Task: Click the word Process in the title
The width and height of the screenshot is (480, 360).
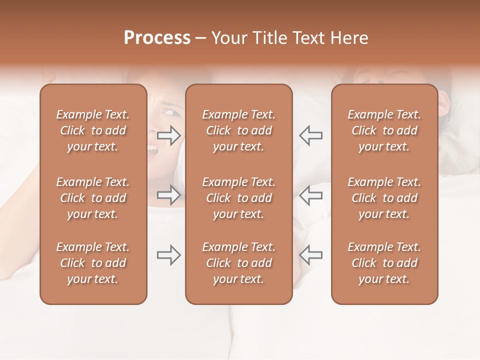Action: (x=157, y=38)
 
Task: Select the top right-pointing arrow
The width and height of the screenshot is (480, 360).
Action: (x=169, y=135)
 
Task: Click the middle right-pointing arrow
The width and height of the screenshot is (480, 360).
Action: (x=169, y=195)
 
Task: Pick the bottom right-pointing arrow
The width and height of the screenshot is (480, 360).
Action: (x=169, y=255)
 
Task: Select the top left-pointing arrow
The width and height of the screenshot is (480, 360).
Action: (x=310, y=135)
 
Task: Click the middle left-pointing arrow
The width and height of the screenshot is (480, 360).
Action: (x=310, y=195)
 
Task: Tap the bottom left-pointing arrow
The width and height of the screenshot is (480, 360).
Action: (x=310, y=255)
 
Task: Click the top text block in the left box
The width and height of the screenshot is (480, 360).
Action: (x=93, y=130)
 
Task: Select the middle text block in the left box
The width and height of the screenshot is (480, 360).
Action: (x=93, y=198)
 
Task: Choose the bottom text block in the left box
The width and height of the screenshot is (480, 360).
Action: (x=93, y=263)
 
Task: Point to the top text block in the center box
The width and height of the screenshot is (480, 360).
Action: (x=238, y=130)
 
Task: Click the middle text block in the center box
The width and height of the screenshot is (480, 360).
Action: (x=238, y=198)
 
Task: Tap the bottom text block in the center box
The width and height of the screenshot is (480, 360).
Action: (x=238, y=263)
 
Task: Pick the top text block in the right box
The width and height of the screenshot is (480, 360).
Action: (x=384, y=130)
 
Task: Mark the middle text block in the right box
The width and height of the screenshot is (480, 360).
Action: (x=384, y=198)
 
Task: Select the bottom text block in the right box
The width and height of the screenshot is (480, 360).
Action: (x=384, y=263)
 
